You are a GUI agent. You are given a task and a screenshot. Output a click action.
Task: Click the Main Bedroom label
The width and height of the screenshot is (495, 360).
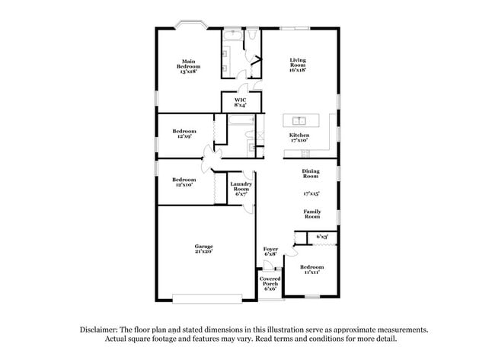pyautogui.click(x=190, y=65)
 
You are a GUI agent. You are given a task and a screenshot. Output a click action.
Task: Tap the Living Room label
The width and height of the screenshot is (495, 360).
pyautogui.click(x=297, y=65)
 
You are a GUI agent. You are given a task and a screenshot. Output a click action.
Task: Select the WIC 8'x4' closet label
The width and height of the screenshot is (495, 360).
pyautogui.click(x=240, y=101)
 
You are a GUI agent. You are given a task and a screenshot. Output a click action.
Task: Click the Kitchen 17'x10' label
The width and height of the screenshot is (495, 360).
pyautogui.click(x=299, y=137)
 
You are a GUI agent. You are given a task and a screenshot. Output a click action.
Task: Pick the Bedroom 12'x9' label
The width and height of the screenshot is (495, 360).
pyautogui.click(x=184, y=133)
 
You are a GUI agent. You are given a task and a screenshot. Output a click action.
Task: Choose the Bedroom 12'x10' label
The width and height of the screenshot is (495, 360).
pyautogui.click(x=184, y=182)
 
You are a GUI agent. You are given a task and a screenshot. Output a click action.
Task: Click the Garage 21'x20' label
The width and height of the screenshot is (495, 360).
pyautogui.click(x=203, y=248)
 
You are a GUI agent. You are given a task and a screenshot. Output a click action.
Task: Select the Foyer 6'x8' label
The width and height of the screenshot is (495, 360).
pyautogui.click(x=270, y=251)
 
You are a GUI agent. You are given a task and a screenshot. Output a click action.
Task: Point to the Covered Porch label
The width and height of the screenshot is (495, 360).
pyautogui.click(x=270, y=283)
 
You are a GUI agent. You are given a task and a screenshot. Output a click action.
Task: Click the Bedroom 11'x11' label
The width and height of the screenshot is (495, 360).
pyautogui.click(x=311, y=269)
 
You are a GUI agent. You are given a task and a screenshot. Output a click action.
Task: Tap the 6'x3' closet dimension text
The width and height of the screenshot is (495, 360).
pyautogui.click(x=322, y=237)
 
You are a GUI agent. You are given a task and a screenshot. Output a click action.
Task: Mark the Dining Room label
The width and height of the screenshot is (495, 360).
pyautogui.click(x=311, y=174)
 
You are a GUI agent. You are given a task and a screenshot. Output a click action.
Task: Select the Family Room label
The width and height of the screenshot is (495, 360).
pyautogui.click(x=311, y=214)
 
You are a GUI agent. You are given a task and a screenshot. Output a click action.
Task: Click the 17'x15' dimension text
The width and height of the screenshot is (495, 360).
pyautogui.click(x=311, y=193)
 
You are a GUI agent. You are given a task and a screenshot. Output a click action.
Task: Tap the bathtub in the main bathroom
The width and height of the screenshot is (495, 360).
pyautogui.click(x=232, y=35)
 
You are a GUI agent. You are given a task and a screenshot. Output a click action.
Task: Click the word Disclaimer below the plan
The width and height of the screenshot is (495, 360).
pyautogui.click(x=100, y=330)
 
